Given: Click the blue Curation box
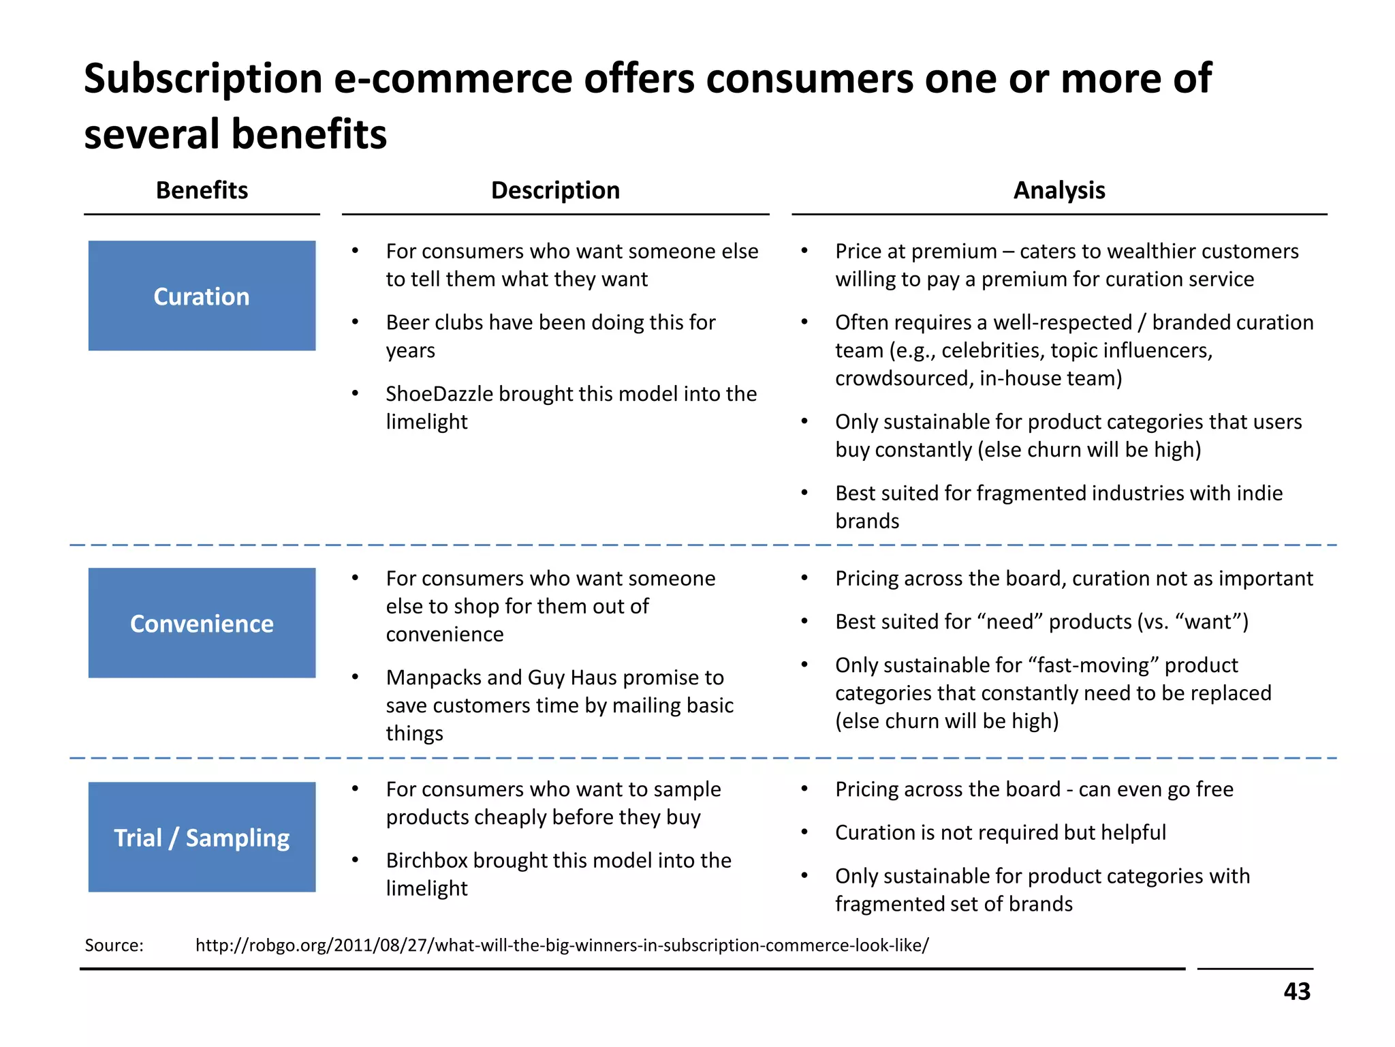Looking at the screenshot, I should point(202,296).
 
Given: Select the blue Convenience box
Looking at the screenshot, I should point(202,623).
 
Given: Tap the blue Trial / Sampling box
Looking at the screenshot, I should point(202,837).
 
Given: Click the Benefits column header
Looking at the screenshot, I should point(202,190).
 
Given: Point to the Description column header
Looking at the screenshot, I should point(555,190).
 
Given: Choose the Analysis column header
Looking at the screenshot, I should point(1059,190).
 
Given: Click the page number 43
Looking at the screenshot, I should point(1296,991).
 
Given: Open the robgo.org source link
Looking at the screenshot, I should point(562,945).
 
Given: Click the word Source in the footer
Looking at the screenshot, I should point(114,945).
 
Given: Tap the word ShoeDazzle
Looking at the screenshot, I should point(439,394).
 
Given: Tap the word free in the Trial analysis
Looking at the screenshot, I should point(1214,789).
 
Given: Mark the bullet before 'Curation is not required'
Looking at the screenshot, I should point(804,833).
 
